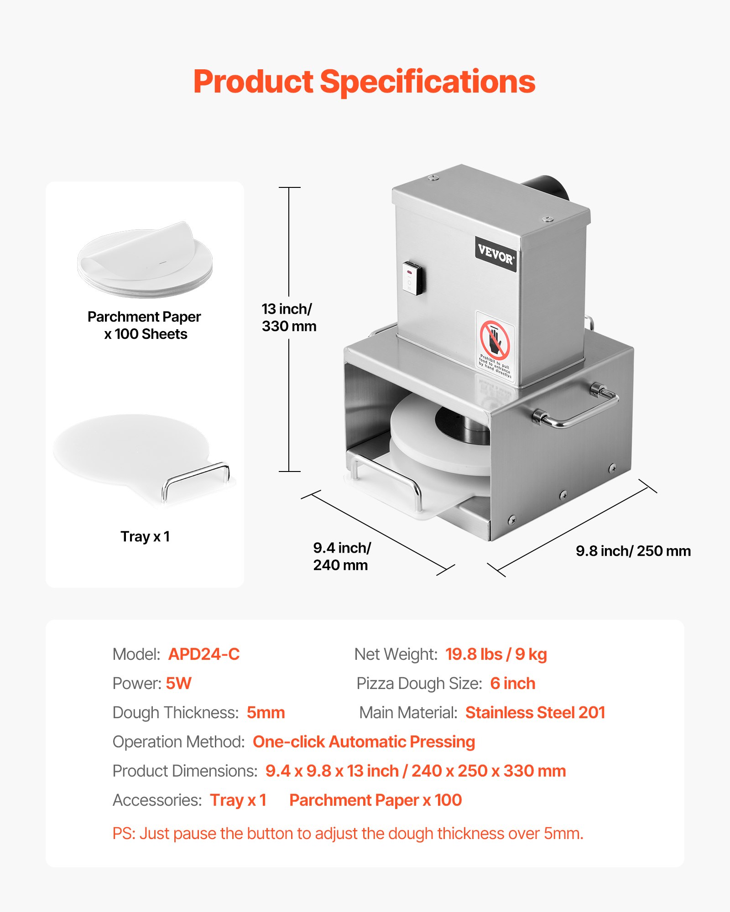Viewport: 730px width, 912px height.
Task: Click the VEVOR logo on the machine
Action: [495, 254]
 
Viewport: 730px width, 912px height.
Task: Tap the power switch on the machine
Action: [413, 278]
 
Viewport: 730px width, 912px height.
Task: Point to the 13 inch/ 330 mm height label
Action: [288, 317]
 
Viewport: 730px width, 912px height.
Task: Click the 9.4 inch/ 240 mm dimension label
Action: [341, 556]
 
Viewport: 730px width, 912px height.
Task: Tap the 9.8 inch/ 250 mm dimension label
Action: [633, 551]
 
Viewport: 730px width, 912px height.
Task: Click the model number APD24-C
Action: [203, 654]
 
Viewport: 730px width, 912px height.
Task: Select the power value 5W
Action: [178, 684]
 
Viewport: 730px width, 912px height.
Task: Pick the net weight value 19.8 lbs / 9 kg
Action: [496, 654]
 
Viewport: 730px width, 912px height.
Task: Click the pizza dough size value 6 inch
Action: [512, 684]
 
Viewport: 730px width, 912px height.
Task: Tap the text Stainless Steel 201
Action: [535, 713]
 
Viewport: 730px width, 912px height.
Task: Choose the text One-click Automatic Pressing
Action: [364, 742]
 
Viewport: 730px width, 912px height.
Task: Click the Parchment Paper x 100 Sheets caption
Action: [145, 325]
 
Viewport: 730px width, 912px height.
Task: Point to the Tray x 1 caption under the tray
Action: [145, 537]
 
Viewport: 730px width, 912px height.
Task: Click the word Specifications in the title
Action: [427, 82]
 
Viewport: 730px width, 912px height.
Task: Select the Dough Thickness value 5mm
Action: [266, 713]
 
